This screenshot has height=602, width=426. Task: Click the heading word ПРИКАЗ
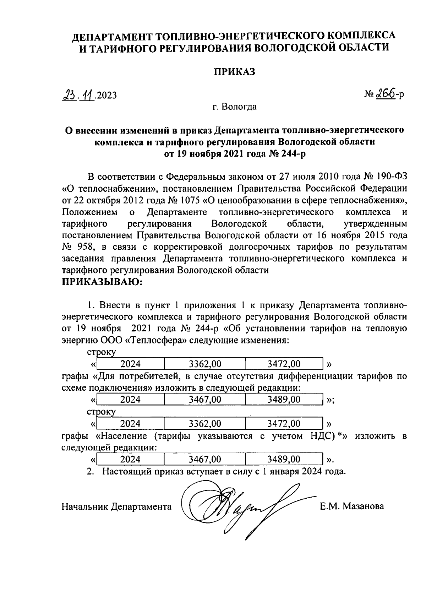pos(234,72)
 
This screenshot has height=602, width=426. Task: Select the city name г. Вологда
pos(235,107)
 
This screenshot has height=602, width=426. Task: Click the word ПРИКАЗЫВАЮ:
pos(102,282)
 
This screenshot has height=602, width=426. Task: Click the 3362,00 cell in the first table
pos(205,364)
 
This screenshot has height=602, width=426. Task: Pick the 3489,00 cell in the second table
pos(284,400)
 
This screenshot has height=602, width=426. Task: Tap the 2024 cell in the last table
pos(130,460)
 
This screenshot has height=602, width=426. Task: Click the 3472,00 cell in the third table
pos(284,424)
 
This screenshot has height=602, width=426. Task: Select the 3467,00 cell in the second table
pos(205,400)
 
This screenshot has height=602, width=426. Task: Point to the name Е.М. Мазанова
pos(351,506)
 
